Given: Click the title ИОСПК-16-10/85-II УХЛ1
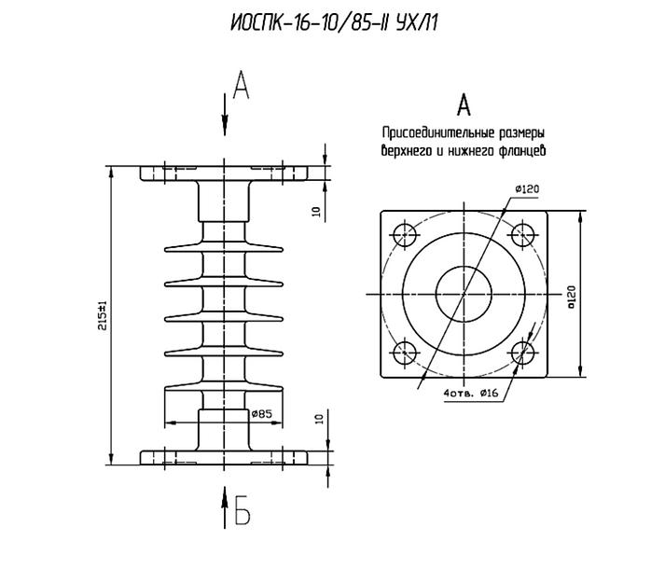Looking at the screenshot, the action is click(x=334, y=23).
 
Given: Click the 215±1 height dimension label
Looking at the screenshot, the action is click(x=103, y=315).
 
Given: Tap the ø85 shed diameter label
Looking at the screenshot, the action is click(x=261, y=413).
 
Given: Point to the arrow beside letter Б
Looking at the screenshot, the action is click(x=225, y=507).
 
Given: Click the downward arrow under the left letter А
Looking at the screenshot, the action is click(x=225, y=115).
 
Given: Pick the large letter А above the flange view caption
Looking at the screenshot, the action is click(x=464, y=105).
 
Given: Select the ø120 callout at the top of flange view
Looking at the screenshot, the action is click(x=527, y=189).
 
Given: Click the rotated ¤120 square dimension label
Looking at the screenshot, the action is click(x=572, y=298).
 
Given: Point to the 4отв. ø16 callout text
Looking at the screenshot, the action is click(x=471, y=393).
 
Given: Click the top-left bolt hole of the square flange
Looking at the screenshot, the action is click(x=405, y=235).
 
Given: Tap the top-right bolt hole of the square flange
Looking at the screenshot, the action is click(x=522, y=235).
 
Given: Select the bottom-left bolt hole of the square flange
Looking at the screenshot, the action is click(x=405, y=353).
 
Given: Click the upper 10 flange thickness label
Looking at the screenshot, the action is click(x=317, y=212).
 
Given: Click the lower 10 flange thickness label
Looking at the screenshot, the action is click(x=319, y=419).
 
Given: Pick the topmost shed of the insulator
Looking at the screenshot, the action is click(x=224, y=247).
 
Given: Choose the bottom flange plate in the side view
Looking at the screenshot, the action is click(x=224, y=457).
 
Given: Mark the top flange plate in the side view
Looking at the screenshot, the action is click(x=224, y=173).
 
